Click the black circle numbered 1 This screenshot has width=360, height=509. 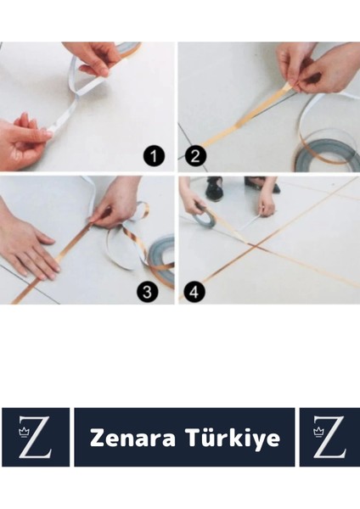click(x=154, y=156)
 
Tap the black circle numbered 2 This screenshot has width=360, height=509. click(x=195, y=156)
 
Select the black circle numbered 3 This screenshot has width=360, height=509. click(x=147, y=291)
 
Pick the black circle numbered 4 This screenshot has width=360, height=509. click(x=194, y=291)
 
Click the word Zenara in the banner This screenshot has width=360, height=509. click(x=132, y=438)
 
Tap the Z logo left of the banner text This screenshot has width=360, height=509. click(x=35, y=437)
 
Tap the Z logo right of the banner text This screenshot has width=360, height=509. click(x=329, y=437)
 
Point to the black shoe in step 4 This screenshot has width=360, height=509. click(x=214, y=188)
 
